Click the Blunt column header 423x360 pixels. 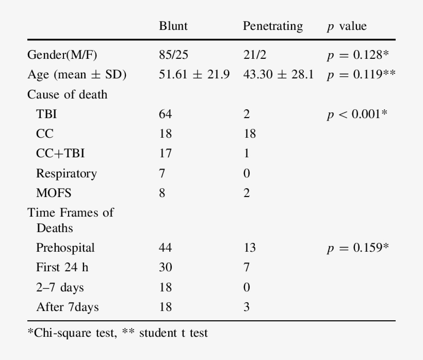coord(173,26)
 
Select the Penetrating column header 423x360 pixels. coord(272,26)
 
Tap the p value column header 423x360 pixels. coord(346,26)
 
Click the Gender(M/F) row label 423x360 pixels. coord(62,55)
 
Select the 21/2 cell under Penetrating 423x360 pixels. coord(254,55)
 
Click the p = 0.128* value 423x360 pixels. coord(357,55)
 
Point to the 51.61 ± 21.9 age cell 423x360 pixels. coord(194,75)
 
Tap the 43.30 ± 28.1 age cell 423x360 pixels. coord(278,75)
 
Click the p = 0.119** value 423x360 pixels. coord(361,75)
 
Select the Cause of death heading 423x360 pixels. coord(67,94)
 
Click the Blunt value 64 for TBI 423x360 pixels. coord(165,114)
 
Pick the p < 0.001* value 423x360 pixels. coord(357,114)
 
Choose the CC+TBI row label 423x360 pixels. coord(60,153)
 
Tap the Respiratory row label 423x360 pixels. coord(66,173)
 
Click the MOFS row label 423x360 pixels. coord(54,193)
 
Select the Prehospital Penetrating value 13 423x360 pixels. coord(249,248)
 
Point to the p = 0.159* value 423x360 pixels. coord(357,248)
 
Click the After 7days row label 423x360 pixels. coord(67,307)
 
